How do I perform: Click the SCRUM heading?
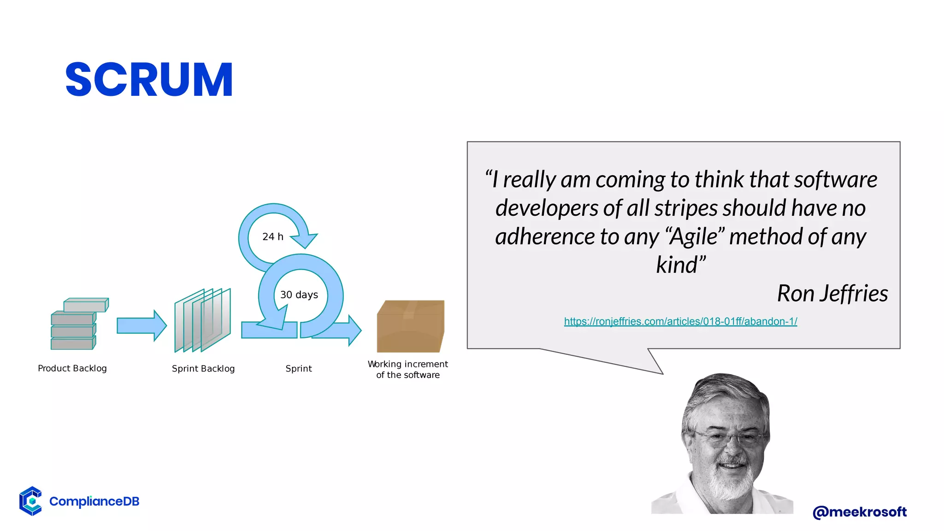(x=149, y=80)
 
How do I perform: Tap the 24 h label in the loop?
(x=273, y=237)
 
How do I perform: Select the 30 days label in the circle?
(x=299, y=295)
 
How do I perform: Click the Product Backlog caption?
(x=72, y=368)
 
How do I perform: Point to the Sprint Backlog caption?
(x=203, y=369)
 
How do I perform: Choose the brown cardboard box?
(x=410, y=326)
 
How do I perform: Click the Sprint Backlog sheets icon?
(x=202, y=320)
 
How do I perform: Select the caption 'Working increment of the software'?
(x=408, y=370)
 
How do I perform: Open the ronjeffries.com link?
(x=680, y=321)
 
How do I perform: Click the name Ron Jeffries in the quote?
(x=832, y=294)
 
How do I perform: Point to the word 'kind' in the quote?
(x=678, y=265)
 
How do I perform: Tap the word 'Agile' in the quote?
(x=694, y=236)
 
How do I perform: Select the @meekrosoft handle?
(x=860, y=512)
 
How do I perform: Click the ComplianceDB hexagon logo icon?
(x=31, y=501)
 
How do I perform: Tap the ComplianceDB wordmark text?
(x=94, y=501)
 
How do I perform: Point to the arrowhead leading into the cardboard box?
(x=354, y=330)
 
